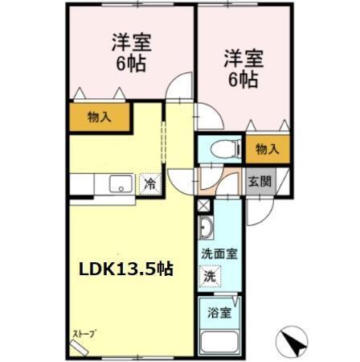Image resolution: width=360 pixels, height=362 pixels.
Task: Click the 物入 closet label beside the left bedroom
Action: pos(100,117)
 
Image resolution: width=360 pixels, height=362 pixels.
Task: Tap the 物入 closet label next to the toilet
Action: pos(266,148)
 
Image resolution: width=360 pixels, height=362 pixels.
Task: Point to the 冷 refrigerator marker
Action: pos(149,183)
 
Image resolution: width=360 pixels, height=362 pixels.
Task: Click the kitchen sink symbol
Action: pos(117,184)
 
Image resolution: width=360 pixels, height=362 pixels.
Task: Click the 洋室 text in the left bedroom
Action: pos(131,44)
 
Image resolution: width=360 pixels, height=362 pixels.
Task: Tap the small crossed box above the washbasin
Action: pos(202,205)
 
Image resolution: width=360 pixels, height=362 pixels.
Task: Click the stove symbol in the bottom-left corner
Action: pos(80,345)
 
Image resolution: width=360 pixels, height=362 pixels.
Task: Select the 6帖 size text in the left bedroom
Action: pos(131,64)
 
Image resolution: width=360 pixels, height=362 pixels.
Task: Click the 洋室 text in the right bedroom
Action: pos(243,58)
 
